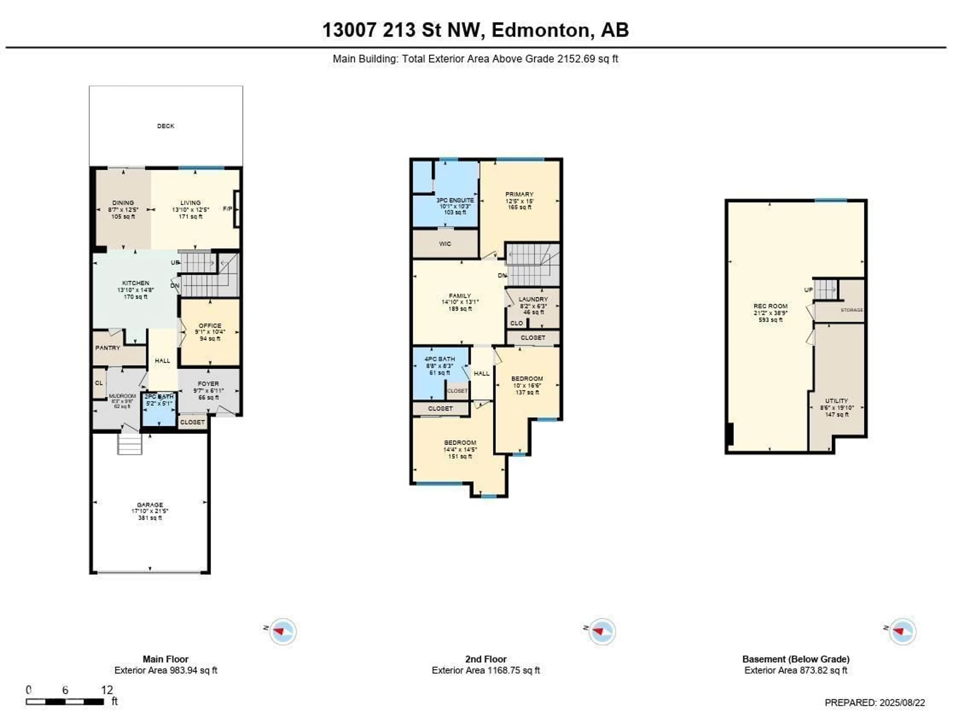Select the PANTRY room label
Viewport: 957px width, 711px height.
[107, 348]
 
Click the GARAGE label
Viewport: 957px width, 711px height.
[150, 505]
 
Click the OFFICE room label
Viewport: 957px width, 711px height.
[210, 326]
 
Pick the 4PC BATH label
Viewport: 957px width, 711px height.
[440, 359]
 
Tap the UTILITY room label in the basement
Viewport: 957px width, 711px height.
[837, 401]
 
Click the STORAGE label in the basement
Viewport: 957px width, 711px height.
[852, 310]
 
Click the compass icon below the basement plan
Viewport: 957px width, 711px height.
[902, 632]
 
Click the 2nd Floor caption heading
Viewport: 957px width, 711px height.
[485, 659]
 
